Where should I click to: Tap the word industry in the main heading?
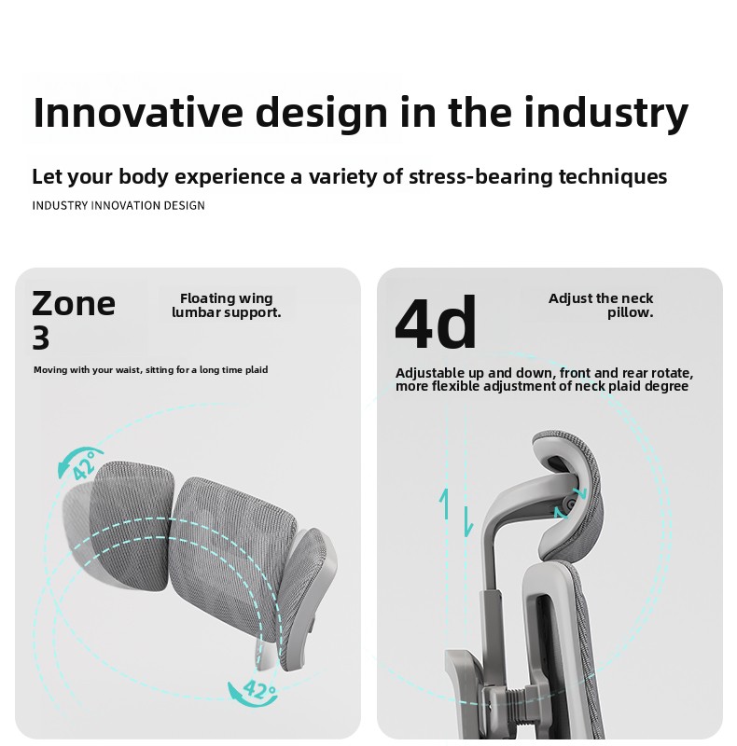[606, 114]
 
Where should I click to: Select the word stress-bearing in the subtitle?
[480, 176]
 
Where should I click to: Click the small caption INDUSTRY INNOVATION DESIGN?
[118, 205]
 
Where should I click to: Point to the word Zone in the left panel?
[74, 304]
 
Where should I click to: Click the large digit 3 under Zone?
[41, 338]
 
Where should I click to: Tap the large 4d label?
[435, 322]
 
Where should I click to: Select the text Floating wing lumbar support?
[227, 305]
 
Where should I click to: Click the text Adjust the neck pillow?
[601, 305]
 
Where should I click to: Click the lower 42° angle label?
[259, 689]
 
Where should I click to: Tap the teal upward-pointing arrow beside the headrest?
[445, 504]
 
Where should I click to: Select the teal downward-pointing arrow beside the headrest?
[468, 521]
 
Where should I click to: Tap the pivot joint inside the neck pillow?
[569, 504]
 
